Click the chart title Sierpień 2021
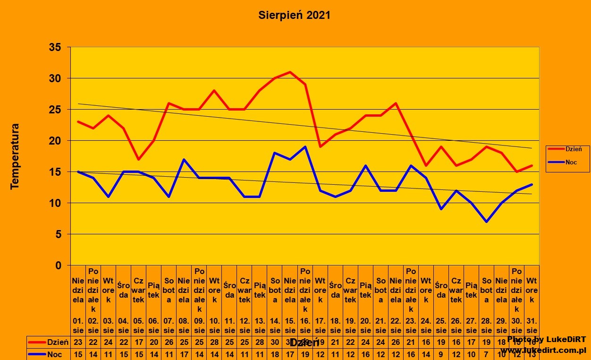[294, 15]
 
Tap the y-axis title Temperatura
[15, 156]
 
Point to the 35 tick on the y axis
[55, 47]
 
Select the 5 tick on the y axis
[59, 234]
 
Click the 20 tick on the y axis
[55, 141]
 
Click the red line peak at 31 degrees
[290, 72]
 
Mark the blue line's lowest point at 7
[486, 222]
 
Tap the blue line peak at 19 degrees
[305, 146]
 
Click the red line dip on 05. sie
[138, 159]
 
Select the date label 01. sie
[78, 326]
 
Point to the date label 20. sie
[365, 326]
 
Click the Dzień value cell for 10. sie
[214, 342]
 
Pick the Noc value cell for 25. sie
[441, 353]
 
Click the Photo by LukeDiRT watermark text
[547, 340]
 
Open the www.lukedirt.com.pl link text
[543, 350]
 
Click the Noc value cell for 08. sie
[184, 353]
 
